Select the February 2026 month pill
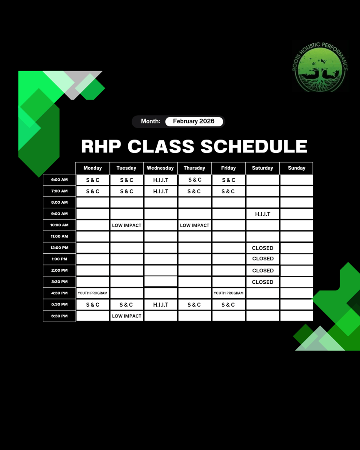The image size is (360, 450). (x=194, y=121)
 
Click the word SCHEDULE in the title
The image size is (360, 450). (x=254, y=147)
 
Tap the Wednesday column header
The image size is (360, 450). (x=160, y=168)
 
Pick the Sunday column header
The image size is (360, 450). (x=296, y=168)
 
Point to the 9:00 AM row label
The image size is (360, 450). (x=59, y=214)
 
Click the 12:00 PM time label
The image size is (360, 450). (x=59, y=247)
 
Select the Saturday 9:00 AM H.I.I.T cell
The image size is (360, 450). (x=262, y=214)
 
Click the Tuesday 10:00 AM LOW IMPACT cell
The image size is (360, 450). (x=127, y=225)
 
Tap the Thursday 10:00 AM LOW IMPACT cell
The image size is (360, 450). (x=195, y=225)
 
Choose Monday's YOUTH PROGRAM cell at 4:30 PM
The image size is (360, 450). (x=92, y=293)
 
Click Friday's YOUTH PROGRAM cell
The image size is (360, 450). (x=228, y=293)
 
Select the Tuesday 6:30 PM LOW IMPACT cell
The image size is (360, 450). (x=127, y=316)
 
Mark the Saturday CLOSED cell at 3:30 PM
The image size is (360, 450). (x=262, y=282)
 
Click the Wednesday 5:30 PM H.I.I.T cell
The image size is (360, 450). (x=160, y=305)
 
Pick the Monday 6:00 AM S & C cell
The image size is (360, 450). (x=92, y=180)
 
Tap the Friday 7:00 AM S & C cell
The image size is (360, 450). (x=228, y=191)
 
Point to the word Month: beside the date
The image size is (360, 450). (x=150, y=121)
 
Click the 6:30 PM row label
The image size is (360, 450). (x=59, y=316)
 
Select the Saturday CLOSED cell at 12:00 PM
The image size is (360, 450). (x=262, y=248)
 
